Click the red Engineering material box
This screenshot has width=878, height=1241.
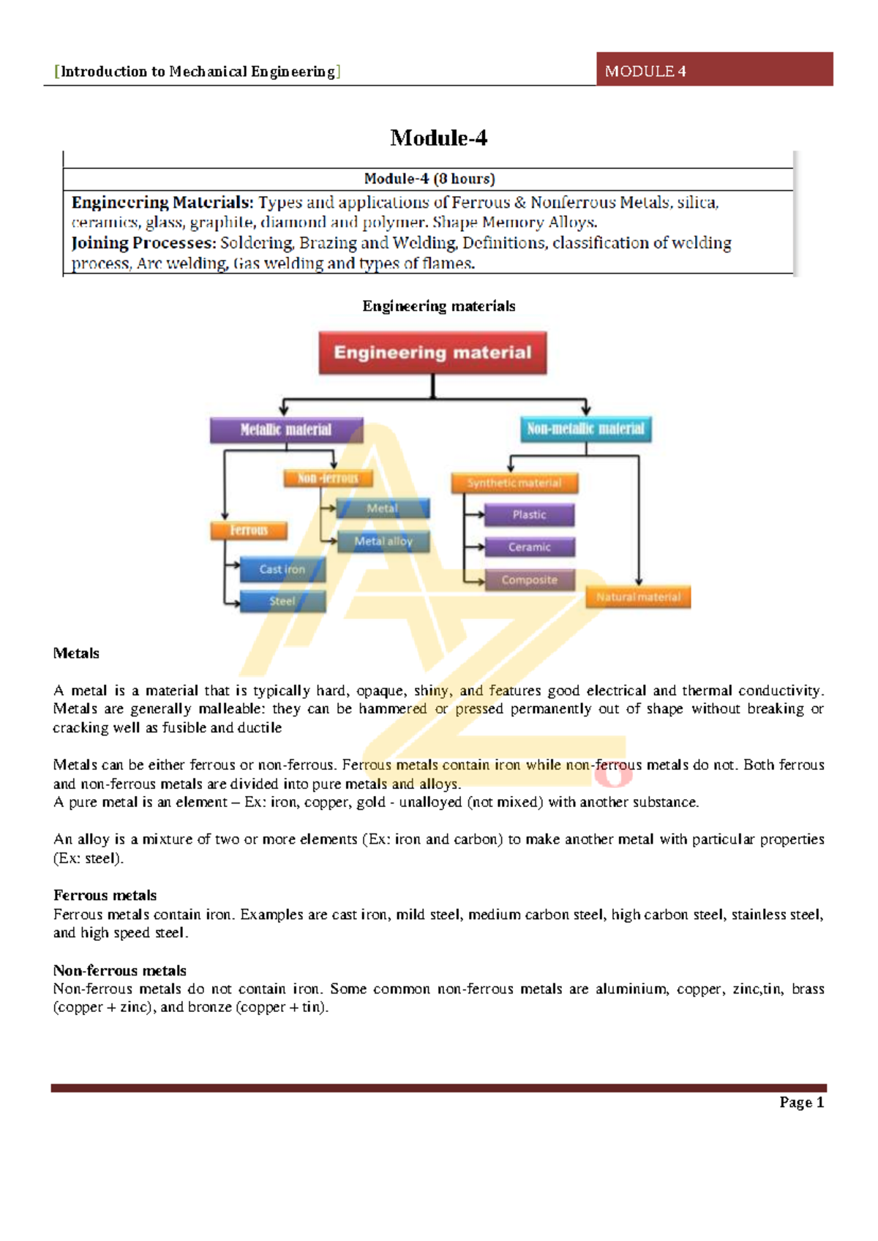(x=432, y=353)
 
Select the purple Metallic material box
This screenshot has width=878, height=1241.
(x=286, y=430)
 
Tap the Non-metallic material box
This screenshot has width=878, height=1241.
(x=585, y=429)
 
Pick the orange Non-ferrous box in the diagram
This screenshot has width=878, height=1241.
(x=328, y=479)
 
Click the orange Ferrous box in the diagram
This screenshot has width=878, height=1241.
(x=249, y=530)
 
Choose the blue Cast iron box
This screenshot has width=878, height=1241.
(x=282, y=569)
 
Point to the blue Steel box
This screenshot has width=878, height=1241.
(x=282, y=601)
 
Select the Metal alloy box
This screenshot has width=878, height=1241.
(x=383, y=541)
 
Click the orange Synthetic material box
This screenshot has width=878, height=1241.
(x=514, y=483)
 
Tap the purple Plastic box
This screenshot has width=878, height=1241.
(x=529, y=515)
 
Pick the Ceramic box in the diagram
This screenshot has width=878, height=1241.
(x=529, y=547)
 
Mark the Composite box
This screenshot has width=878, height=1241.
(x=529, y=580)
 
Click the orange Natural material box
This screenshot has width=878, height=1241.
(x=638, y=597)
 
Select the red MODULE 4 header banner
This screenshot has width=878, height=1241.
(x=714, y=70)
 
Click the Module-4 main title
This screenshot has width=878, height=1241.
(x=438, y=138)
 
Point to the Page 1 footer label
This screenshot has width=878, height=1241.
(x=801, y=1102)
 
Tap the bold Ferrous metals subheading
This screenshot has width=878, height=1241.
(x=105, y=896)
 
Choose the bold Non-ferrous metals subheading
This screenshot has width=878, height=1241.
(x=119, y=970)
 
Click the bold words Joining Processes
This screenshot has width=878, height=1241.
(x=143, y=243)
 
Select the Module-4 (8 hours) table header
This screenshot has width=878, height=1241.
(x=429, y=179)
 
